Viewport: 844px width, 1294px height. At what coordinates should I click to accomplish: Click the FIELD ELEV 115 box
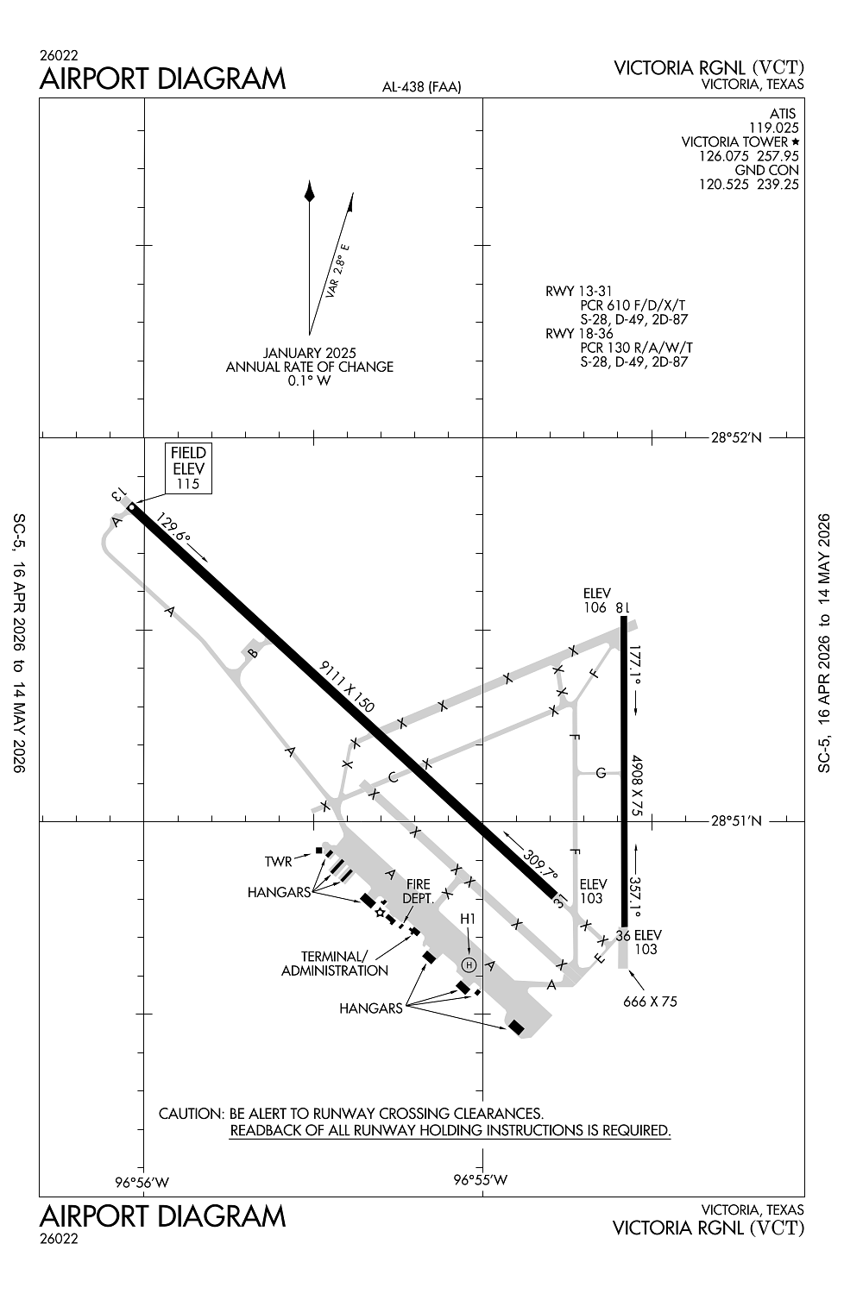click(x=188, y=468)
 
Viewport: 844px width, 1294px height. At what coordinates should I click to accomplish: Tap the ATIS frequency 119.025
click(x=774, y=128)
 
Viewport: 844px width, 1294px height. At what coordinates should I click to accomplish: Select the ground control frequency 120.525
click(x=724, y=185)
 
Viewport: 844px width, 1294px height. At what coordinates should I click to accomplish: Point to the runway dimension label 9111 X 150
click(x=347, y=687)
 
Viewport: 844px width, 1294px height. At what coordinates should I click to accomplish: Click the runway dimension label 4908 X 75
click(x=637, y=785)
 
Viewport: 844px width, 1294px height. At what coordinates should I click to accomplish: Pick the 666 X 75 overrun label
click(x=650, y=1002)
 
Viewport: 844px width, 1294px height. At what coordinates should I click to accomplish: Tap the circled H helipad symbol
click(x=469, y=964)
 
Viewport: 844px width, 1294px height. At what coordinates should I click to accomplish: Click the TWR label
click(x=279, y=862)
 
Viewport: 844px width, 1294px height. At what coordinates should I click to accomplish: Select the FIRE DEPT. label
click(x=418, y=891)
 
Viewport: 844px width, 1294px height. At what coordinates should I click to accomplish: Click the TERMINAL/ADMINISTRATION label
click(x=335, y=964)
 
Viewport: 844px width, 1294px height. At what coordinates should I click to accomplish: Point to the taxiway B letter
click(x=252, y=653)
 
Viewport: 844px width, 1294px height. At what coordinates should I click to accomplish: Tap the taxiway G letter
click(x=601, y=772)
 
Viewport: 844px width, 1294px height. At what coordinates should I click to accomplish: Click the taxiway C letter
click(x=394, y=777)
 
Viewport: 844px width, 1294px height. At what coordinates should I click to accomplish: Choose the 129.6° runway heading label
click(x=173, y=527)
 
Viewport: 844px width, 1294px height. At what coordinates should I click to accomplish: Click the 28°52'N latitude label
click(x=736, y=437)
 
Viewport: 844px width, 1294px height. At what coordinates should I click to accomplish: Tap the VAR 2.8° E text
click(x=337, y=271)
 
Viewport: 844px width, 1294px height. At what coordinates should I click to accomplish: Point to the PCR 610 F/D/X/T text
click(x=633, y=305)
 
